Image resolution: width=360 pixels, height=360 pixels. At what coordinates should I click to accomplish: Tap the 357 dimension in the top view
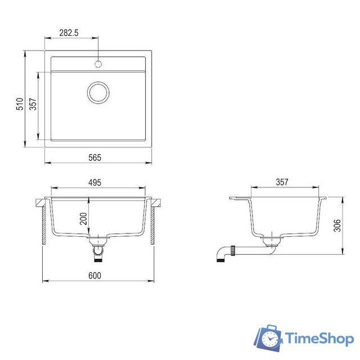pyautogui.click(x=32, y=105)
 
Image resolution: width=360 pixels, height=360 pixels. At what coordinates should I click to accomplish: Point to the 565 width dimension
pyautogui.click(x=94, y=158)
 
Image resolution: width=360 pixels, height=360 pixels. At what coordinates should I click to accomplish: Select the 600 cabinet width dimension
pyautogui.click(x=94, y=275)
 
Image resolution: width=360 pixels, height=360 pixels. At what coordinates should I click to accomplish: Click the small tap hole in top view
pyautogui.click(x=98, y=64)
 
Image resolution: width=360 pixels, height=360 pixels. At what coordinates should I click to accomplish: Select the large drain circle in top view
pyautogui.click(x=98, y=92)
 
